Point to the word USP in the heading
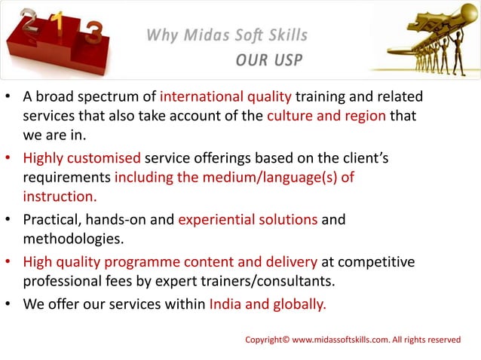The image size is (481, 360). point(288,60)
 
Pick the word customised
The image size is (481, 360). point(103,159)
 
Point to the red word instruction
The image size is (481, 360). point(60,197)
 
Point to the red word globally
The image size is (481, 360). point(297,306)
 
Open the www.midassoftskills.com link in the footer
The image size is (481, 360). point(341,340)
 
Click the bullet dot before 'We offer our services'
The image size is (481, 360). point(7,306)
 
